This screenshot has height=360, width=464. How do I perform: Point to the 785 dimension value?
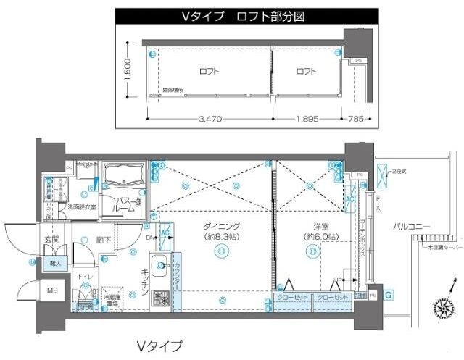[355, 119]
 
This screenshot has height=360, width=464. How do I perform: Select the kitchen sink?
[160, 264]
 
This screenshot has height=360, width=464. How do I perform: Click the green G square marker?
[389, 294]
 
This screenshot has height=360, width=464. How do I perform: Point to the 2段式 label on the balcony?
[400, 171]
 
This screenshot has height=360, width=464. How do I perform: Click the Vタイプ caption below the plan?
[159, 346]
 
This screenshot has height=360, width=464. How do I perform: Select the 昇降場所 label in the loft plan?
[173, 90]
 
